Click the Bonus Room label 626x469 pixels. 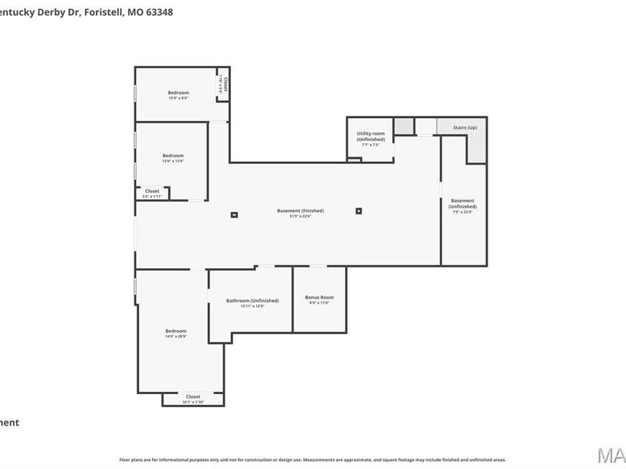click(x=319, y=297)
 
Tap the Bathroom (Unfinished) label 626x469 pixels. click(x=252, y=301)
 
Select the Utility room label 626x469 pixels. click(x=370, y=133)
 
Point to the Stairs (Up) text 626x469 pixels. click(x=465, y=128)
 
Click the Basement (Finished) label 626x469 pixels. click(x=300, y=211)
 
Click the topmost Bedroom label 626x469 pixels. click(x=178, y=92)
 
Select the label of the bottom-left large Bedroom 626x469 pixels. click(x=175, y=331)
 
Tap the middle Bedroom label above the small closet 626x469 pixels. click(x=173, y=156)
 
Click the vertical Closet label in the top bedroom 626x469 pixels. click(x=225, y=85)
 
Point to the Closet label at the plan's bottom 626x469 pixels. click(x=193, y=397)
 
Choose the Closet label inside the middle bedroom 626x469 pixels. click(x=152, y=191)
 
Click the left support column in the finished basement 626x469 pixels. click(x=234, y=215)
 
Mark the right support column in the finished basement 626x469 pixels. click(x=359, y=211)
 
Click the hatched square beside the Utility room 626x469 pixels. click(x=403, y=126)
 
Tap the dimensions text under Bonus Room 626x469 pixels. click(x=319, y=303)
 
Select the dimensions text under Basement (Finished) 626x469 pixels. click(x=300, y=216)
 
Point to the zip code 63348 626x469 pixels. click(x=159, y=12)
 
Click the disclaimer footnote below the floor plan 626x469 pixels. click(x=312, y=459)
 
